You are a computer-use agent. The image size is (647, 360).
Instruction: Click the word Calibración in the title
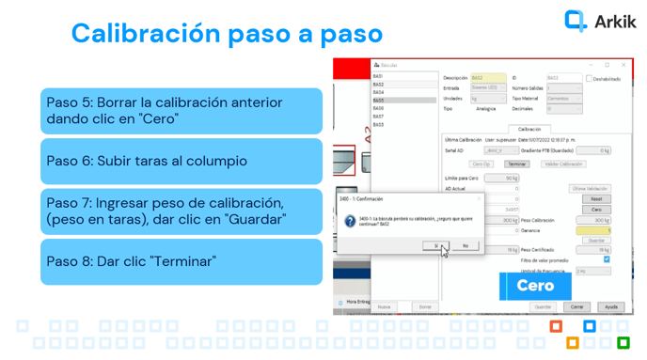click(144, 34)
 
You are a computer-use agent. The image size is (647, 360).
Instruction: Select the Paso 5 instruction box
click(181, 111)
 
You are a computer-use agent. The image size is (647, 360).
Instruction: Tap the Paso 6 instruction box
click(181, 161)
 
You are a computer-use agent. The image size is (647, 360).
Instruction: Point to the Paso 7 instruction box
click(181, 211)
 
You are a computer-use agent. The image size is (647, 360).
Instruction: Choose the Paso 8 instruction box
click(181, 261)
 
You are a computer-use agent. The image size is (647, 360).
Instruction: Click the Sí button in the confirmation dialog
click(435, 245)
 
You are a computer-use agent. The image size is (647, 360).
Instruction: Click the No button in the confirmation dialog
click(465, 245)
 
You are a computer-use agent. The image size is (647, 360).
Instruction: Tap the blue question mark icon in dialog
click(350, 222)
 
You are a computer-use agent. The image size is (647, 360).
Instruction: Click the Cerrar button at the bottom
click(576, 306)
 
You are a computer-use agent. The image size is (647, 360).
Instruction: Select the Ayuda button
click(611, 306)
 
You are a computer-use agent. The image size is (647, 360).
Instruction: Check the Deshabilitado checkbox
click(590, 79)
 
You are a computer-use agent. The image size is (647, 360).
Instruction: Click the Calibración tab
click(529, 129)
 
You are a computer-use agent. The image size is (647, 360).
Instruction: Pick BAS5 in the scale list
click(378, 101)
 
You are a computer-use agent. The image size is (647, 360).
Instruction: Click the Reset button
click(595, 199)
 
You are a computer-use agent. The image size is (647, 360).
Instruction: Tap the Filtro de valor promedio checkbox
click(607, 259)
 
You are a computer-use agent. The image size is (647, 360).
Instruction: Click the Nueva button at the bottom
click(384, 306)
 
